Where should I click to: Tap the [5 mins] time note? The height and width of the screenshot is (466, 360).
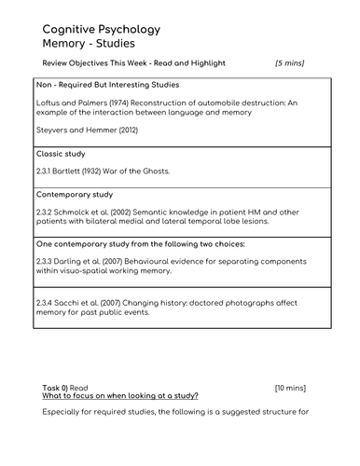(x=289, y=63)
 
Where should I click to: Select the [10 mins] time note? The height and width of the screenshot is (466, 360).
(x=290, y=386)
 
